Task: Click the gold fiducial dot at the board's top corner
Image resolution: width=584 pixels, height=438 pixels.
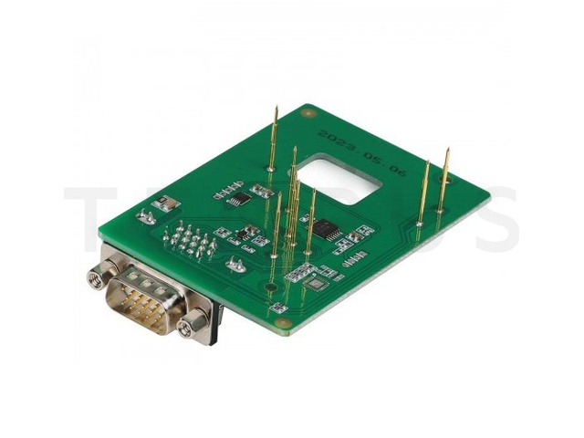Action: [x=308, y=114]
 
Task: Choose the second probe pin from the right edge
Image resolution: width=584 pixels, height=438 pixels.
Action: [x=422, y=192]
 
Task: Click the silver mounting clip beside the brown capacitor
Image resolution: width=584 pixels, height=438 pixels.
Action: [x=144, y=218]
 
